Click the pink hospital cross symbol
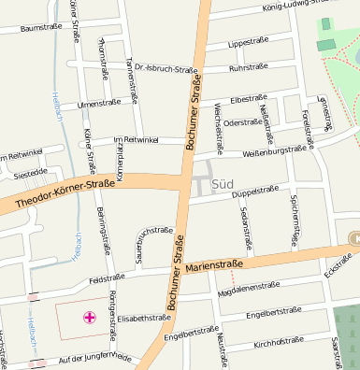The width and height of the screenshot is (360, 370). coord(90,318)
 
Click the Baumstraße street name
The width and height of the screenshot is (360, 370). coord(40,28)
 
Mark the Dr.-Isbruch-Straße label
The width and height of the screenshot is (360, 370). coord(166,69)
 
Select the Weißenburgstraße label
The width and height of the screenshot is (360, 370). coord(275,149)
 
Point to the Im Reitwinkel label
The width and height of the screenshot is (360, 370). coord(136,139)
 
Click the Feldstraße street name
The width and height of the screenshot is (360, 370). coord(107,278)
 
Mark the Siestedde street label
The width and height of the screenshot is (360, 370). coord(31,172)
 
